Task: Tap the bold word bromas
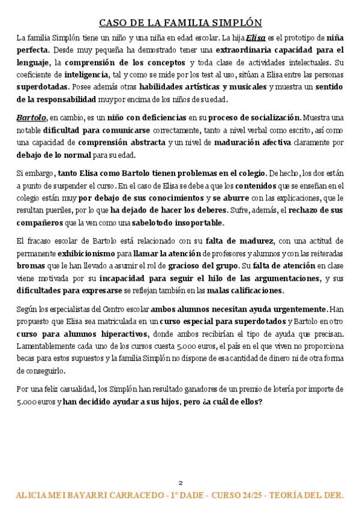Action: tap(29, 266)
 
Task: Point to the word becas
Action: tap(28, 359)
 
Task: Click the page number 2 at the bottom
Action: tap(179, 483)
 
